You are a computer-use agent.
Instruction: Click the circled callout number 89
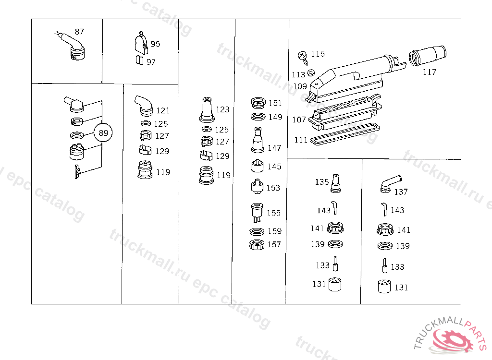[103, 133]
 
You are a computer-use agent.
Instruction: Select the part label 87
[79, 32]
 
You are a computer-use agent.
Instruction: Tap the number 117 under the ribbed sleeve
[430, 72]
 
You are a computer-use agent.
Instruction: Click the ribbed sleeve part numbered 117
[427, 57]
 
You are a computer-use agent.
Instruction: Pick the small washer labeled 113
[311, 72]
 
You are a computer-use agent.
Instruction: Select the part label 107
[299, 120]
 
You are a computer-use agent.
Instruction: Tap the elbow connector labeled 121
[144, 106]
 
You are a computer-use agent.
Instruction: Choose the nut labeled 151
[259, 103]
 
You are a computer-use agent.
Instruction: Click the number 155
[273, 213]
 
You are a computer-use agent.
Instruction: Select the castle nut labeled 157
[257, 245]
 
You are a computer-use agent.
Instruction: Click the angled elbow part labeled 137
[390, 183]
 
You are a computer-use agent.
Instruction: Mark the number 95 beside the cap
[155, 44]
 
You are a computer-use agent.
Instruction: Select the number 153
[273, 188]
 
